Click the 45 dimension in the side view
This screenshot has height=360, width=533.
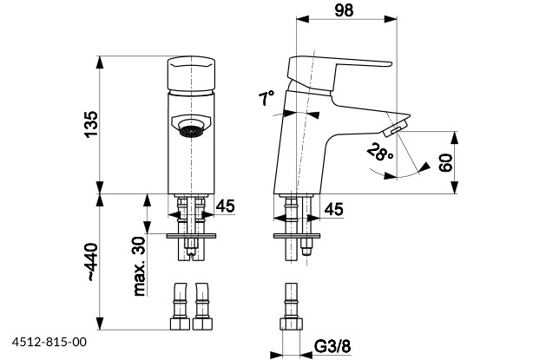[x=333, y=209]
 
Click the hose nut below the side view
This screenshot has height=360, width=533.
[x=290, y=324]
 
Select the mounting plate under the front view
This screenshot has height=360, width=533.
[x=192, y=234]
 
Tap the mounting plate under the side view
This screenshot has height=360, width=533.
[x=296, y=234]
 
